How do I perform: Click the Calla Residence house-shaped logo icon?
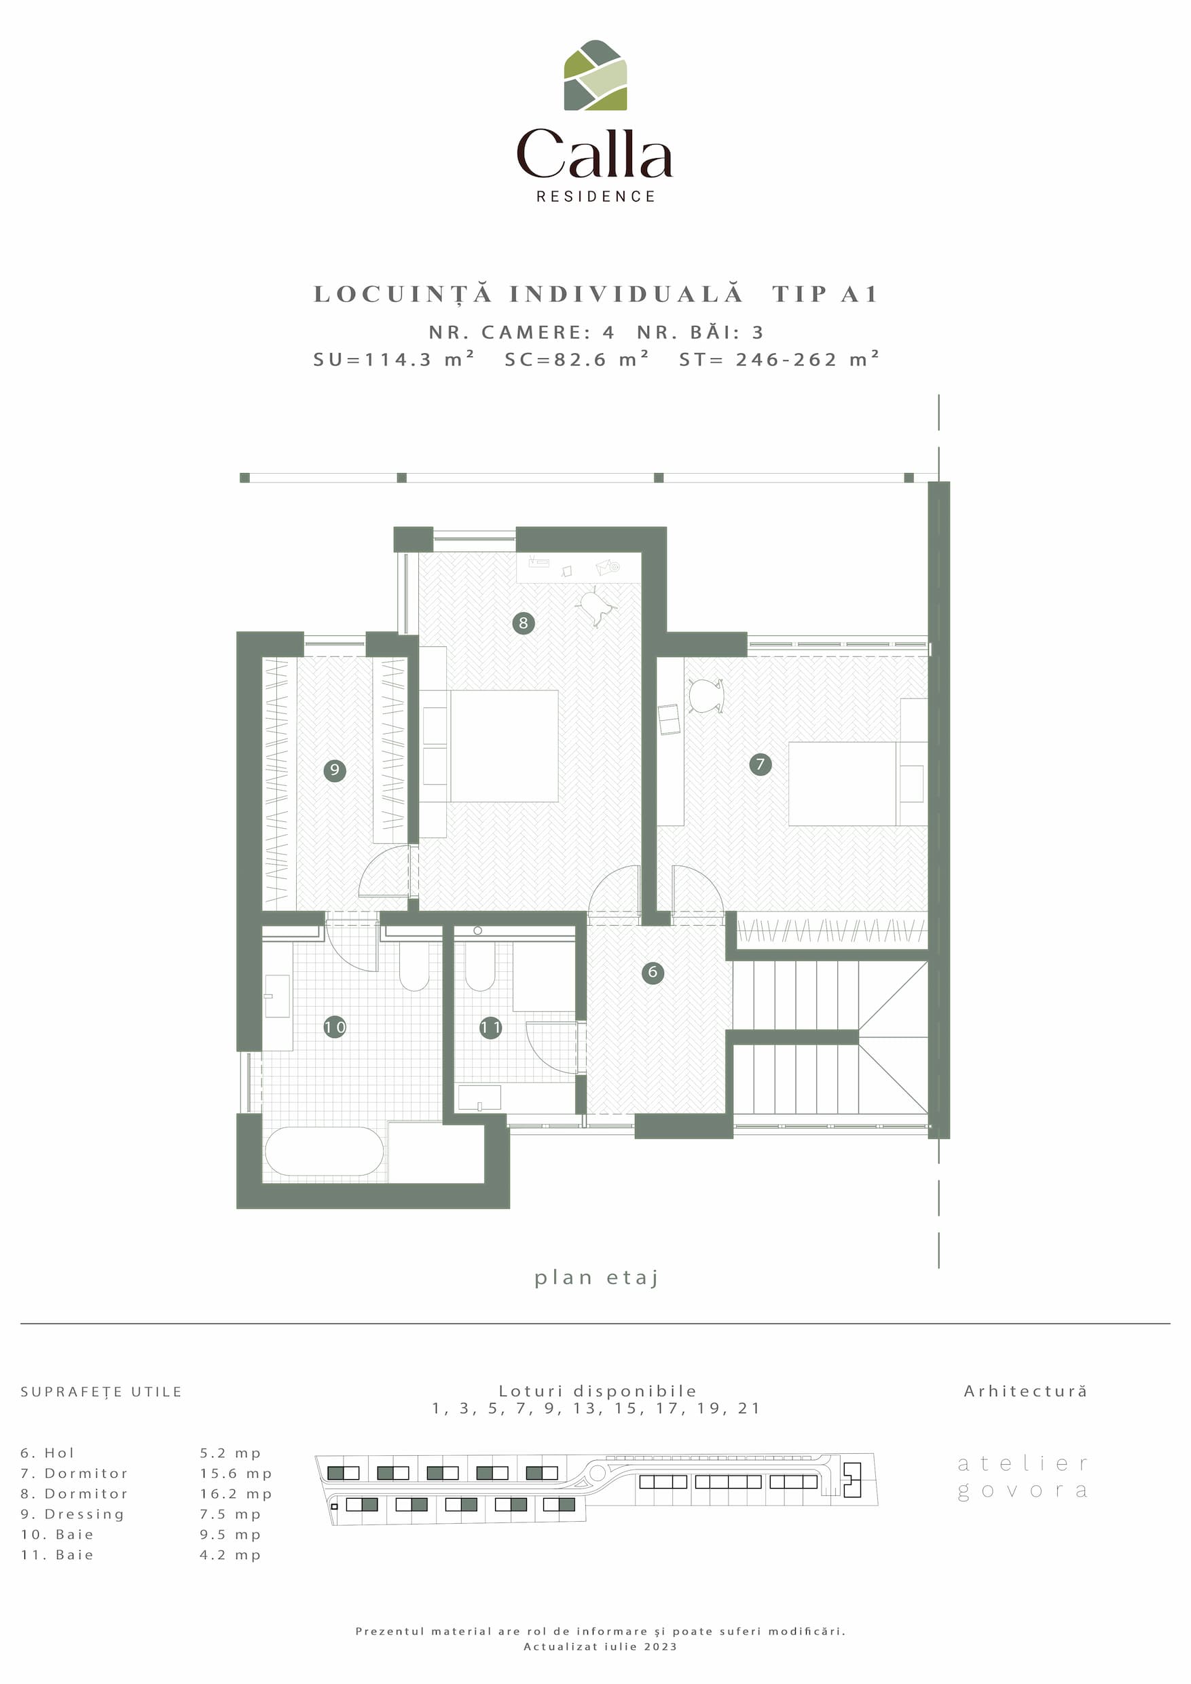(595, 75)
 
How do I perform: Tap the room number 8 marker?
(524, 623)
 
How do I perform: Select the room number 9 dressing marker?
(335, 770)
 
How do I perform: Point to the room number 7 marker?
(761, 764)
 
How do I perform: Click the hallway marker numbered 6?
(653, 973)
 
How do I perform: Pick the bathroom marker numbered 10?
(335, 1027)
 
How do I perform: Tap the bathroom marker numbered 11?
(490, 1028)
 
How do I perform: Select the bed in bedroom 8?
(503, 746)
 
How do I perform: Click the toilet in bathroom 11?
(479, 965)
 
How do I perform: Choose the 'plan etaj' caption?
(596, 1277)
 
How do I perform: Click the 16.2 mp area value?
(236, 1493)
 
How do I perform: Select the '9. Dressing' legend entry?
(73, 1514)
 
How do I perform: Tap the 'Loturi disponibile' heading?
(598, 1391)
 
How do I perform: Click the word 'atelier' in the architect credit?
(1022, 1463)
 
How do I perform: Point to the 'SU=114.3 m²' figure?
(393, 358)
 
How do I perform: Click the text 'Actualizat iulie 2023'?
(600, 1647)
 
